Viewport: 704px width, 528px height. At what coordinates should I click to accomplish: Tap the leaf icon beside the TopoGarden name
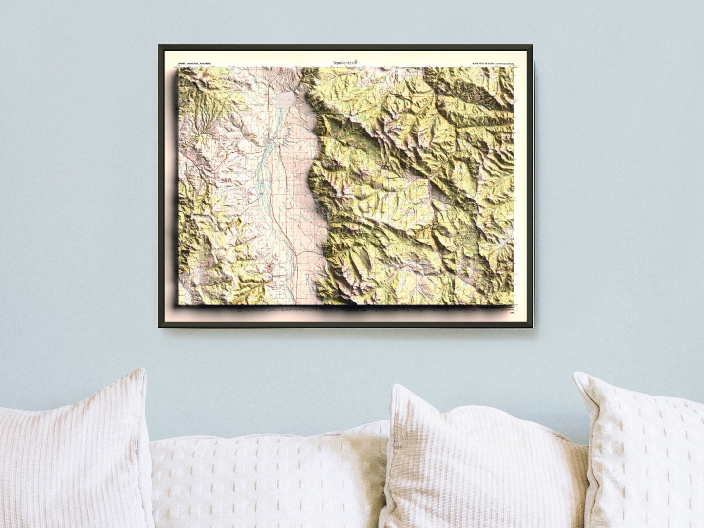[357, 62]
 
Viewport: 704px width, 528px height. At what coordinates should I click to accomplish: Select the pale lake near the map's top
[287, 100]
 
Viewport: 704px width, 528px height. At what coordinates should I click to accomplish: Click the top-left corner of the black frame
[159, 46]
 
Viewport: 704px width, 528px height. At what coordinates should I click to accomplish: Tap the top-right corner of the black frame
[532, 46]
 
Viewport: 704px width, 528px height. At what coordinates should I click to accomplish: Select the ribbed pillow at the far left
[73, 453]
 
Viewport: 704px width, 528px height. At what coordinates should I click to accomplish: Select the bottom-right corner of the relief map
[514, 306]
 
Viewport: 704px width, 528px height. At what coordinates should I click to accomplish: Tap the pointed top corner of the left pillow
[143, 370]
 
